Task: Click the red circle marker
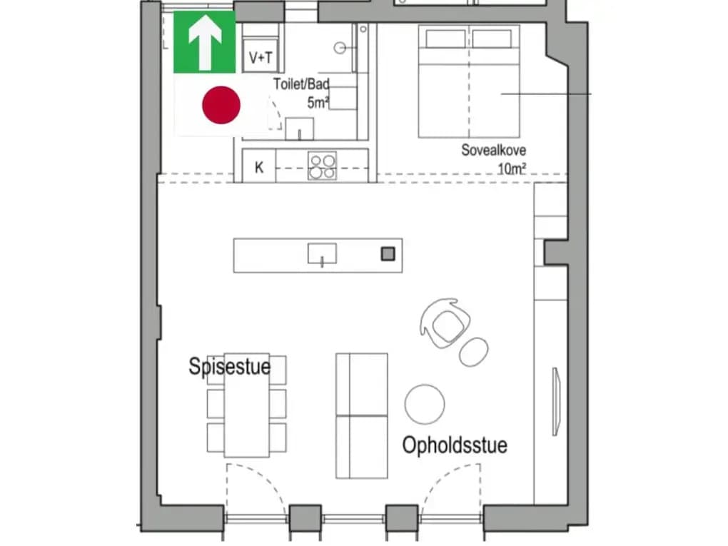(221, 105)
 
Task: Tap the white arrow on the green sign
(205, 42)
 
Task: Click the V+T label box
(261, 57)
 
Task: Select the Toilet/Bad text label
(301, 84)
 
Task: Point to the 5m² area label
(318, 103)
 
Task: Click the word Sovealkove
(493, 150)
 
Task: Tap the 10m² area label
(512, 168)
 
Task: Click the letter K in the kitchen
(259, 167)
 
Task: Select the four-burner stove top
(322, 166)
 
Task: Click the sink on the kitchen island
(322, 254)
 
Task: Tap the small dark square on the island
(388, 253)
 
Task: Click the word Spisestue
(229, 366)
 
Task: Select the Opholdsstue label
(455, 445)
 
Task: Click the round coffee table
(425, 404)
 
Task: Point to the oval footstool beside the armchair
(474, 352)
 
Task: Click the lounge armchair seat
(445, 324)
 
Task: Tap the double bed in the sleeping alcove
(469, 81)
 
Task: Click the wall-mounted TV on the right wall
(556, 402)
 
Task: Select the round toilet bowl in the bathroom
(340, 47)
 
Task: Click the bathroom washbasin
(300, 128)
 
